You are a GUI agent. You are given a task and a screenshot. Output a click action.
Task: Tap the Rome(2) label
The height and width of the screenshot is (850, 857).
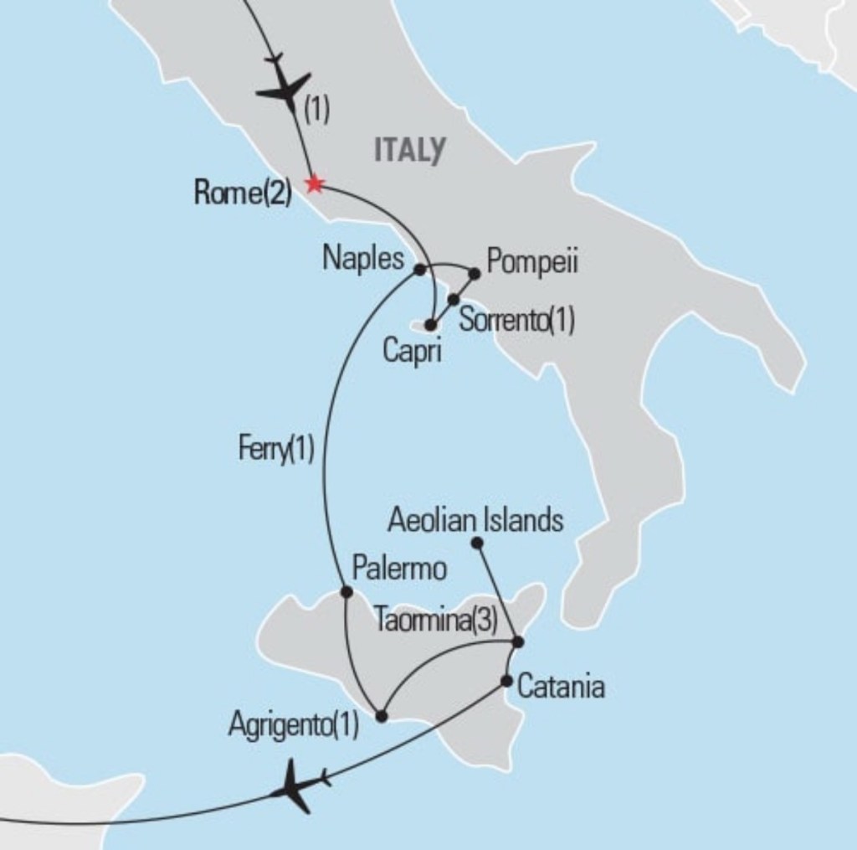[242, 193]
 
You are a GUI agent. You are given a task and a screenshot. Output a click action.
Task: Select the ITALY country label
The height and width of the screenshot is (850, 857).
[409, 150]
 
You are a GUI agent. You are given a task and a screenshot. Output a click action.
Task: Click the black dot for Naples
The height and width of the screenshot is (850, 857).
[419, 270]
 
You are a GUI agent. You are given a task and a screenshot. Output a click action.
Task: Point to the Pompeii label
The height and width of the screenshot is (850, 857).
[532, 261]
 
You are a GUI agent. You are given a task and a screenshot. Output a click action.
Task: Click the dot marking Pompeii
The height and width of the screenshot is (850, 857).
[474, 273]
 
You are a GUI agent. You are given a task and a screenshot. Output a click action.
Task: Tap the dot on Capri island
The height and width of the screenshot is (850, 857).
[430, 325]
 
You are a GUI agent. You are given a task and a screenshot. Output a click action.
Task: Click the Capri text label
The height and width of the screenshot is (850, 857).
[412, 351]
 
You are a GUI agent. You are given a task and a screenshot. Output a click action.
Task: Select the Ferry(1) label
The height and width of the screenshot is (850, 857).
[275, 450]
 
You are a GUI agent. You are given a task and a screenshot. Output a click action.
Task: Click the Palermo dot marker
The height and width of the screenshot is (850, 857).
[346, 592]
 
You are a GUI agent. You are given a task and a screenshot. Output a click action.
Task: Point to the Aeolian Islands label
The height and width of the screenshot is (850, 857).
[475, 521]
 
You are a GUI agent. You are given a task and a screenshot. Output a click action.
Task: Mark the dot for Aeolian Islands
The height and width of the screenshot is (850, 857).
[477, 543]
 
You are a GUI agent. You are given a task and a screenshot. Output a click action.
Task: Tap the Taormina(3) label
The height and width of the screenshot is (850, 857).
[436, 620]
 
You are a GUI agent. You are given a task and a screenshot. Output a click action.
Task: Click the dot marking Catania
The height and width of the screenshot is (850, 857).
[506, 681]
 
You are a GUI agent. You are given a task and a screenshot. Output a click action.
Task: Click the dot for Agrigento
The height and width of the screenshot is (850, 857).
[382, 717]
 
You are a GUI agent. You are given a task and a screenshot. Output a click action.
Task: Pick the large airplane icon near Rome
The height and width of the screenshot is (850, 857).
[286, 90]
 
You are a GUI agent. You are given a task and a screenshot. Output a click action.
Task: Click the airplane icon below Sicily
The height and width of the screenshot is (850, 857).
[299, 786]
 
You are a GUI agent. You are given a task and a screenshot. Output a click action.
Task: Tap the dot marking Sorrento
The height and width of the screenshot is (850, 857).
[454, 299]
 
